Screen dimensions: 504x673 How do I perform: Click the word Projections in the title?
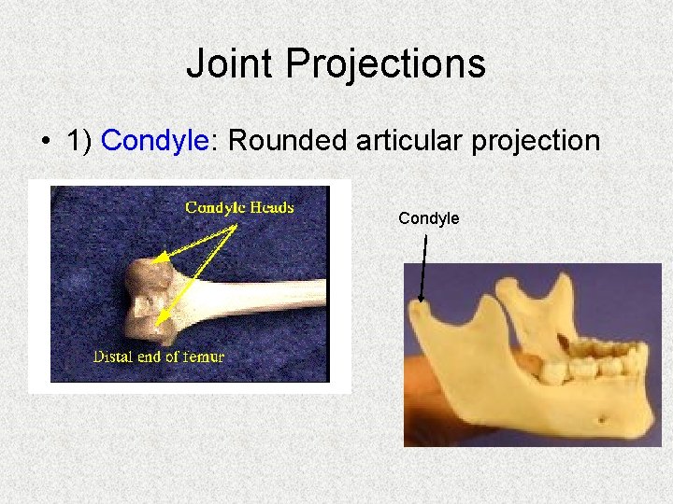click(385, 64)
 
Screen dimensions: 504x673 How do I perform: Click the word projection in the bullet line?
click(539, 140)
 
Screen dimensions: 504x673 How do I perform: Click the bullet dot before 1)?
click(44, 141)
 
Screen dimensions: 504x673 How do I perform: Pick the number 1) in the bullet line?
click(80, 140)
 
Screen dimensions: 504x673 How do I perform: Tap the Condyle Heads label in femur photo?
click(239, 207)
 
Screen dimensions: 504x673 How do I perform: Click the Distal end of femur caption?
click(159, 356)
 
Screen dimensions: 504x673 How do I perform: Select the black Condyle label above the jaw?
click(428, 218)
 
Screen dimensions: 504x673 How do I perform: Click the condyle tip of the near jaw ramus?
click(422, 307)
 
